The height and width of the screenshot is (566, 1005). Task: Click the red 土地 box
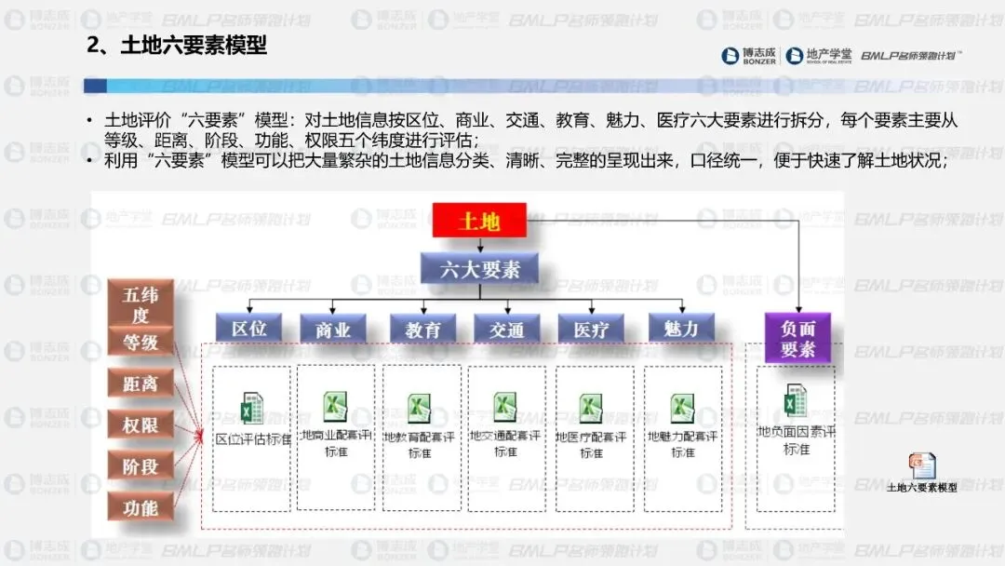pyautogui.click(x=479, y=221)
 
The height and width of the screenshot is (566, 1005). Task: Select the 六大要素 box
pyautogui.click(x=479, y=270)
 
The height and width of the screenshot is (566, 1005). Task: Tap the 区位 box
pyautogui.click(x=249, y=328)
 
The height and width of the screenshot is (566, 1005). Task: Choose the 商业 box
pyautogui.click(x=333, y=329)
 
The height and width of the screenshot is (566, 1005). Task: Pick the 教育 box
pyautogui.click(x=422, y=329)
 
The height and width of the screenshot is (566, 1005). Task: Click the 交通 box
pyautogui.click(x=507, y=329)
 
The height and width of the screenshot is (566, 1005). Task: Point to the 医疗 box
pyautogui.click(x=591, y=329)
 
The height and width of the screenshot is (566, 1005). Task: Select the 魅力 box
pyautogui.click(x=681, y=328)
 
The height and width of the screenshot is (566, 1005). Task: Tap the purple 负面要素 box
pyautogui.click(x=797, y=338)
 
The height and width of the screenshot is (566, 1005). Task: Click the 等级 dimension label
pyautogui.click(x=141, y=342)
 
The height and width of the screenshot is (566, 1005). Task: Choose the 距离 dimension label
pyautogui.click(x=141, y=383)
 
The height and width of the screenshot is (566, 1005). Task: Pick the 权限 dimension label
pyautogui.click(x=141, y=424)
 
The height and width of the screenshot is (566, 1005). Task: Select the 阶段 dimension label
pyautogui.click(x=141, y=466)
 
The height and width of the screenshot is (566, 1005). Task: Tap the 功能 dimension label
pyautogui.click(x=141, y=507)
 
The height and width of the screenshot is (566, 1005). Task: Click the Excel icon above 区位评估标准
pyautogui.click(x=251, y=408)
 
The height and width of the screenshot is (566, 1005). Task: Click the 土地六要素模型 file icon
pyautogui.click(x=922, y=465)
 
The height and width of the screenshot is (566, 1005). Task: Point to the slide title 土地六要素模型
pyautogui.click(x=177, y=45)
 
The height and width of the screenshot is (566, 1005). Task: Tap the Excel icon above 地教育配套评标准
pyautogui.click(x=420, y=408)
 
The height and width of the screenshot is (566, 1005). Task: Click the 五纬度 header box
pyautogui.click(x=141, y=303)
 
